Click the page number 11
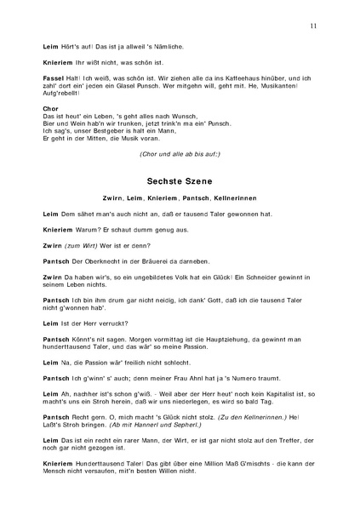[x=314, y=26]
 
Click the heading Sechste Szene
[x=179, y=181]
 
